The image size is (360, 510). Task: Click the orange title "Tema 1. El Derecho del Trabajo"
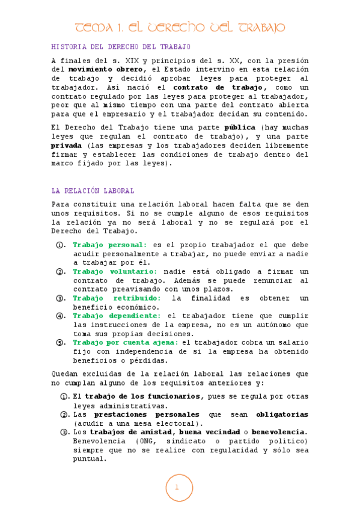pos(180,28)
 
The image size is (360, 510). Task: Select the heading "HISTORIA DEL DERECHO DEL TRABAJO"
pos(121,46)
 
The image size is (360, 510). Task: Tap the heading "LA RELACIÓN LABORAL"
pos(93,191)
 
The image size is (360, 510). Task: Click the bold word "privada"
pos(67,146)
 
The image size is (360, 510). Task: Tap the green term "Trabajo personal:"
pos(110,245)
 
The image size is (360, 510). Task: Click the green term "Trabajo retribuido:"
pos(117,298)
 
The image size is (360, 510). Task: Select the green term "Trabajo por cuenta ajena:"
pos(125,342)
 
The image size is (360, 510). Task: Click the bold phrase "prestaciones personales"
pos(147,414)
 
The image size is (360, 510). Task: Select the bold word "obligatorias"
pos(282,414)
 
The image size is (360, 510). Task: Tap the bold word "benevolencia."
pos(279,432)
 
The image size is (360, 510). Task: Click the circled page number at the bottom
pos(179,488)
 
